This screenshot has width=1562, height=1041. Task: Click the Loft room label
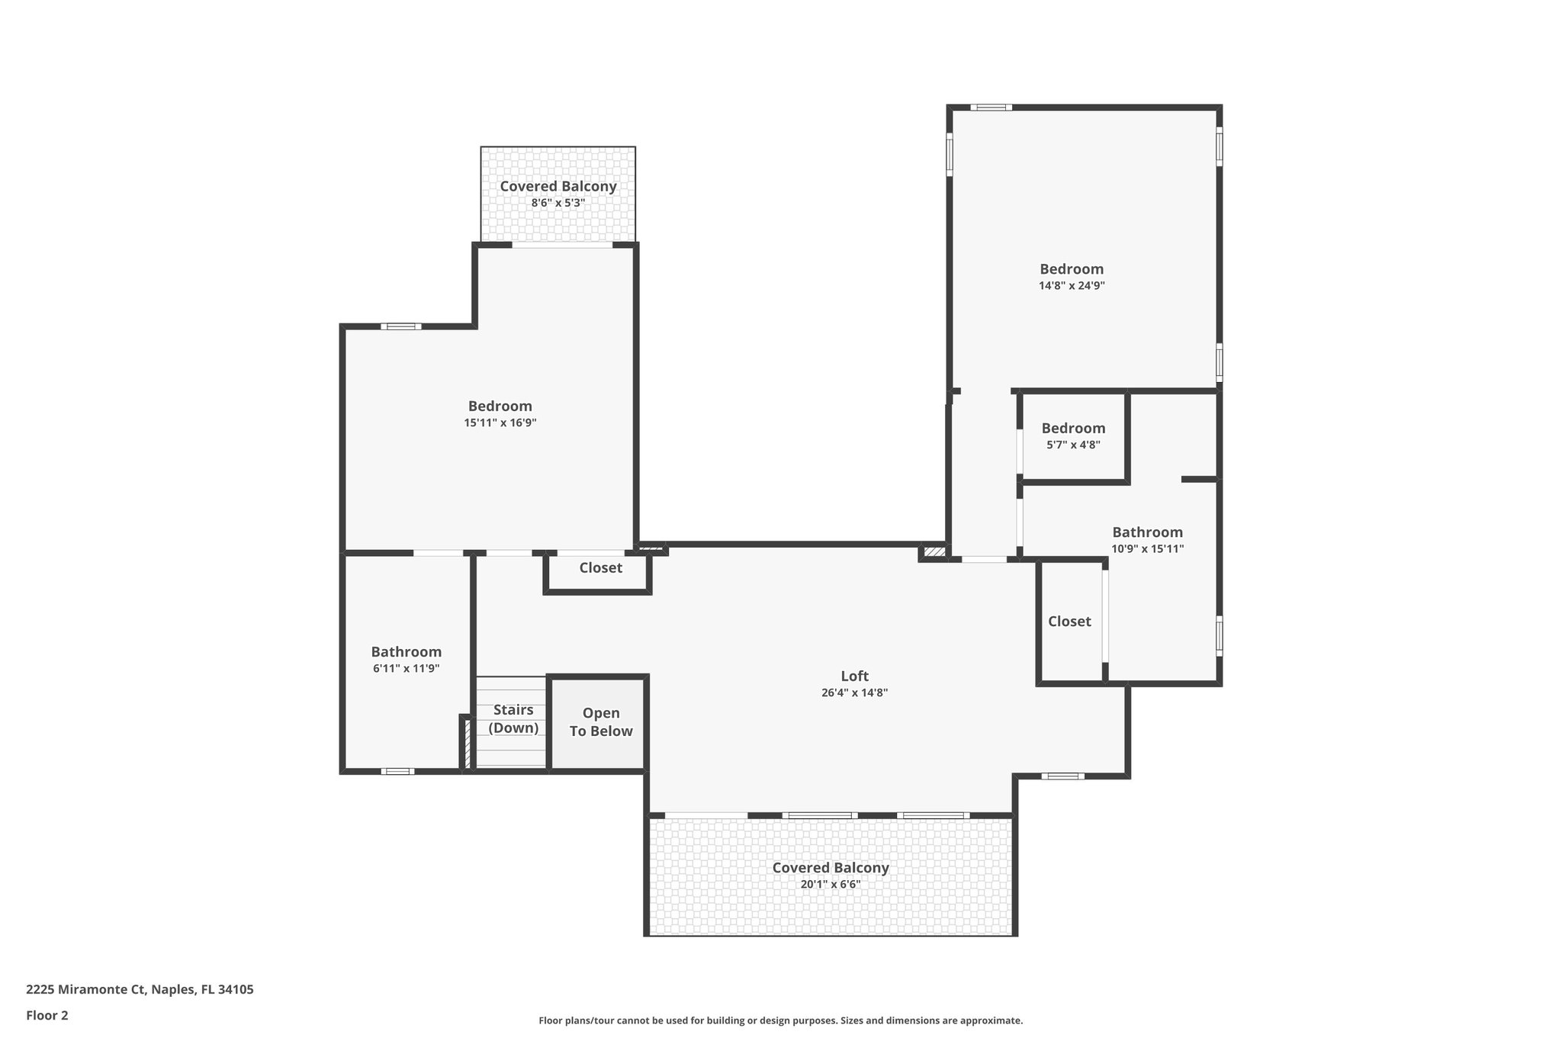854,676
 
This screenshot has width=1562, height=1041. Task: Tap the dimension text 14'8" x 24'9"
1072,286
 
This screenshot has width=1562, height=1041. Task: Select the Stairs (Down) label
513,718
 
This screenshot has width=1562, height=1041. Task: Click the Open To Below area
600,722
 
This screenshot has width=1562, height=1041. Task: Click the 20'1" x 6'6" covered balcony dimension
830,885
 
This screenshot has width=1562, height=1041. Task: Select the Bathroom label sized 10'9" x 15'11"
1147,532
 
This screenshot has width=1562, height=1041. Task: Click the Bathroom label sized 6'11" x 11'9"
406,652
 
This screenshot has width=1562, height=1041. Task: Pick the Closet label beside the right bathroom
1069,622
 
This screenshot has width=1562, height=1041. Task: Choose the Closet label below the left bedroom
600,568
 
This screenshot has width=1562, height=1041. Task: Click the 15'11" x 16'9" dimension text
500,423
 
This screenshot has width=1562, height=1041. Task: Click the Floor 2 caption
47,1015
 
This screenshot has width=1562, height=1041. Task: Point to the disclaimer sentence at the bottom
780,1020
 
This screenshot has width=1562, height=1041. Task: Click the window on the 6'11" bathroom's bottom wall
397,771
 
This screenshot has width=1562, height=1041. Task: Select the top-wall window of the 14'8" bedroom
991,108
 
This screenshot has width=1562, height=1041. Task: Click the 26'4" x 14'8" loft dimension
854,693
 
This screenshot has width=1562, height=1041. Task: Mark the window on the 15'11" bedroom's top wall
400,326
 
